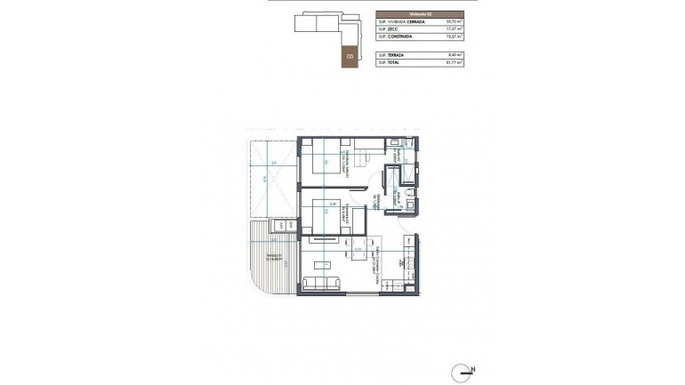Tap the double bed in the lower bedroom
pos(331,218)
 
